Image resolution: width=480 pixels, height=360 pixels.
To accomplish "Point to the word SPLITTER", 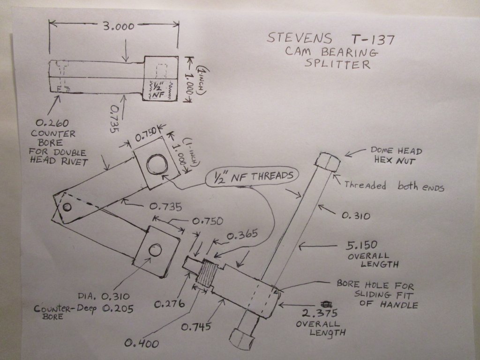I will click(x=337, y=64).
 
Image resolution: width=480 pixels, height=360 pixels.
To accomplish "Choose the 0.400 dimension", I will click(x=141, y=344).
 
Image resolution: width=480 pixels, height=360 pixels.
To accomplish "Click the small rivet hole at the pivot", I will click(x=67, y=206).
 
